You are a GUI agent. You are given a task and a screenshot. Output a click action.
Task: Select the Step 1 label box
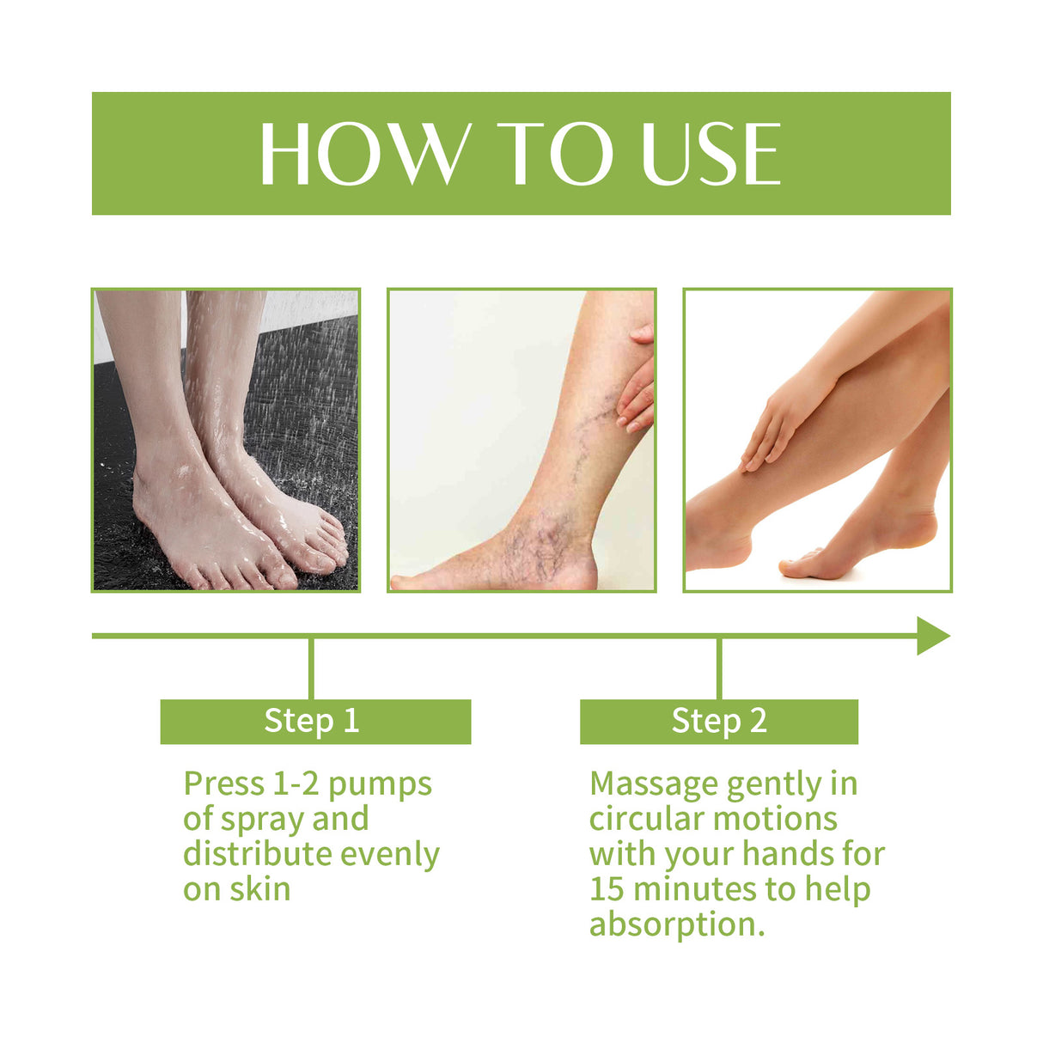315,721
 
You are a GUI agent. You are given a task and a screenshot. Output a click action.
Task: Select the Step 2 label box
718,721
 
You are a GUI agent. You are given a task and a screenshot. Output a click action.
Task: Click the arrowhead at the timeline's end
932,636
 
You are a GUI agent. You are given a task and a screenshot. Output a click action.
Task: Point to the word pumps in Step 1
380,784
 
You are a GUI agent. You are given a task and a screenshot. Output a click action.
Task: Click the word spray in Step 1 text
262,820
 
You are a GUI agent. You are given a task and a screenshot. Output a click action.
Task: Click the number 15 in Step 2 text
606,889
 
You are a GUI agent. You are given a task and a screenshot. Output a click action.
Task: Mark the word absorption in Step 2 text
674,924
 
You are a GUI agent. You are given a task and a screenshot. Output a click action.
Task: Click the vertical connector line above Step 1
311,668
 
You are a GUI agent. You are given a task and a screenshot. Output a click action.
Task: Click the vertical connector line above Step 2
718,668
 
